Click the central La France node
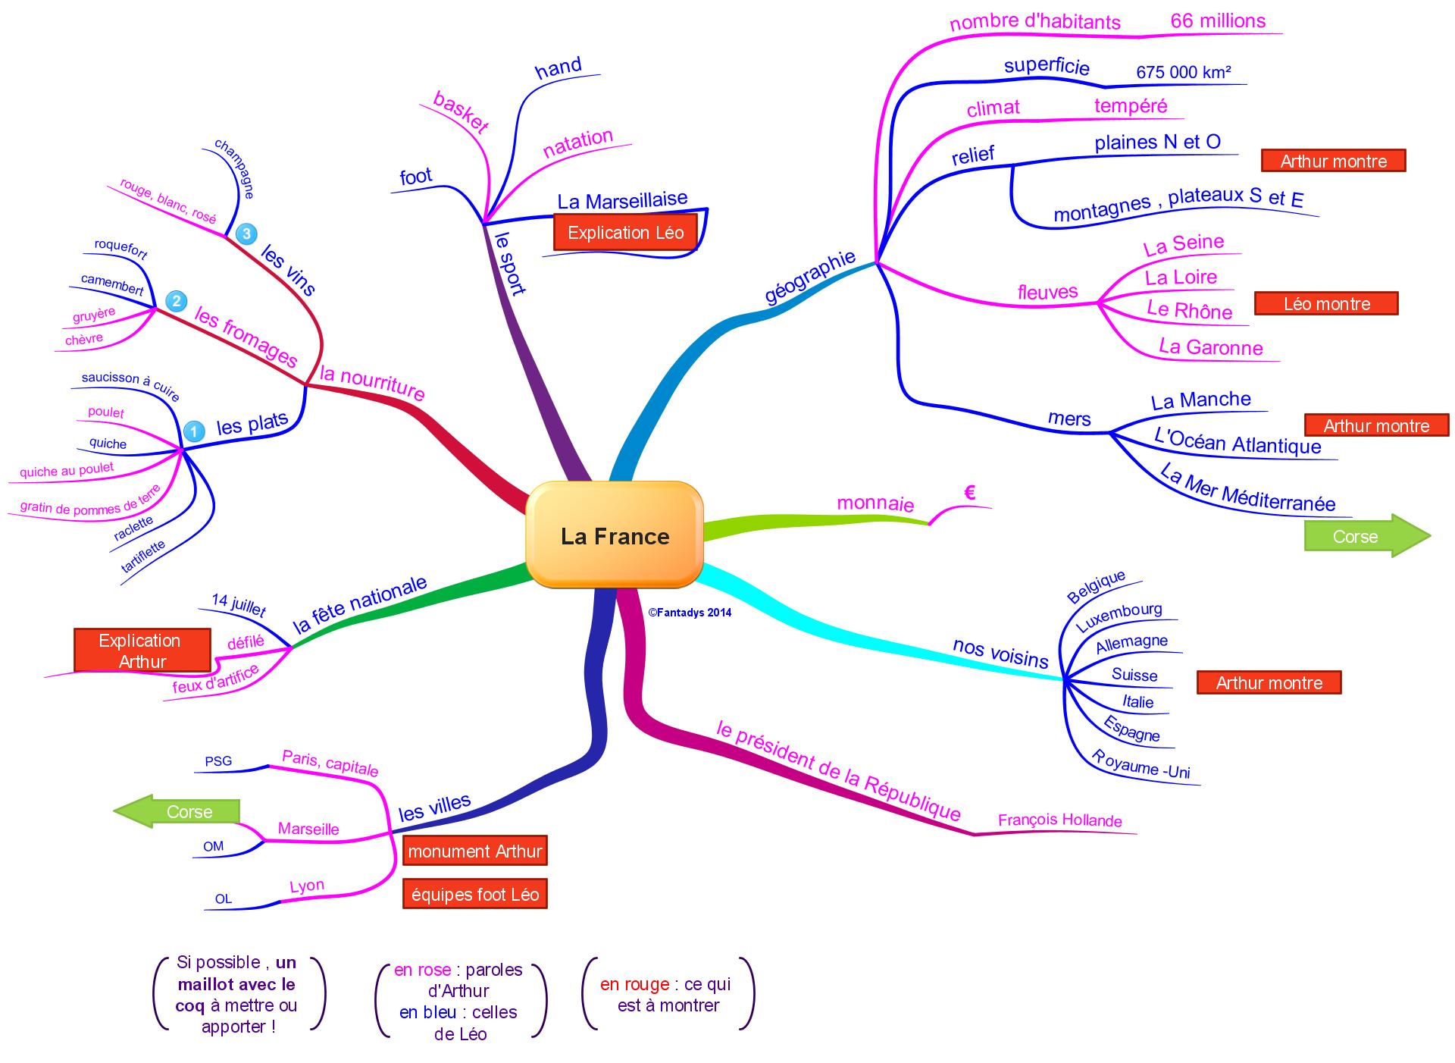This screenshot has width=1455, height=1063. tap(615, 535)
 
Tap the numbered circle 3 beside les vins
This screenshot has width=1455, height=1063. tap(246, 234)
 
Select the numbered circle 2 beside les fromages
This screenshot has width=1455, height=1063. tap(176, 302)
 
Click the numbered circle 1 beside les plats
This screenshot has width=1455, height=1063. tap(194, 431)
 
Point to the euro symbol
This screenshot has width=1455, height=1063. tap(969, 494)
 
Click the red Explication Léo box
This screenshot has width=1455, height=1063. tap(625, 233)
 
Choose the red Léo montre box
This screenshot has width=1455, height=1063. tap(1326, 304)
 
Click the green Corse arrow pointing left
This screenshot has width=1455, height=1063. tap(177, 811)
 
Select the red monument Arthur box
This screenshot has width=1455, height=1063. tap(474, 851)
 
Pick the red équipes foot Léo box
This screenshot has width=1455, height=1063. tap(474, 895)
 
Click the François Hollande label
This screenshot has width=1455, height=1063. tap(1059, 820)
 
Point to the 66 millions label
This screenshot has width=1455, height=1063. tap(1218, 20)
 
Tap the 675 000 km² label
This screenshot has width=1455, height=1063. tap(1183, 72)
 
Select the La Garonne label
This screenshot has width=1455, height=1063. tap(1210, 347)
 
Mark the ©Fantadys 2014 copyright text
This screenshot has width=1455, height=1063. tap(690, 613)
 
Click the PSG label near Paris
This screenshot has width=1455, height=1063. tap(218, 760)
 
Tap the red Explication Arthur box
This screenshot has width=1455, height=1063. tap(142, 651)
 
